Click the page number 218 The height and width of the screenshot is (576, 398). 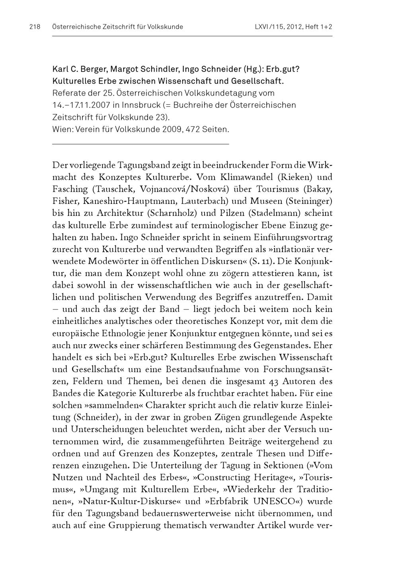[x=35, y=27]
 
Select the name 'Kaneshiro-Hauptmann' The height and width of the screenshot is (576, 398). [x=120, y=201]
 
